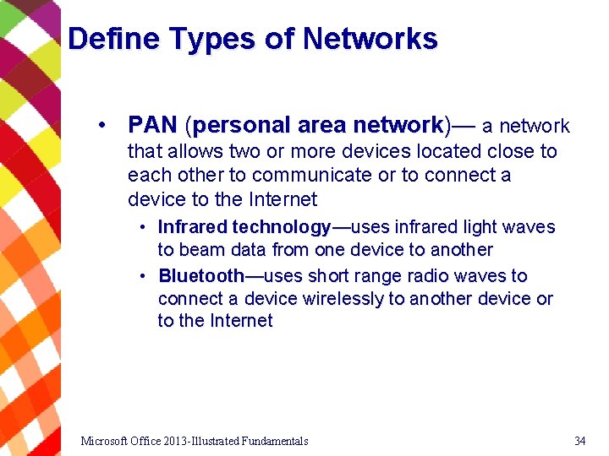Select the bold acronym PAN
pos(152,126)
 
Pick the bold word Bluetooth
pos(201,276)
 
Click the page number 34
pos(579,441)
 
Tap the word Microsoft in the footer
pos(106,441)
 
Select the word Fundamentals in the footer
pos(274,441)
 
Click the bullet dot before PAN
pos(101,126)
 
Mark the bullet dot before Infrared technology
pos(145,227)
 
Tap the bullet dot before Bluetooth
pos(145,276)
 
